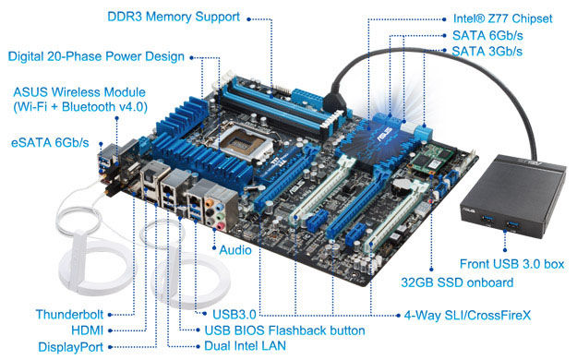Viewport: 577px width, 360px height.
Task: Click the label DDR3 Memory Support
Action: (x=174, y=17)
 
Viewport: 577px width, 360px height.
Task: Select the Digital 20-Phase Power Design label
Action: (x=96, y=56)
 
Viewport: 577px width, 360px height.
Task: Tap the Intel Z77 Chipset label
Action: (x=502, y=18)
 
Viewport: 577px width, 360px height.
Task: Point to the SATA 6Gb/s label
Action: (x=487, y=35)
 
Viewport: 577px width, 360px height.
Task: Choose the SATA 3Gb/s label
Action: (x=487, y=51)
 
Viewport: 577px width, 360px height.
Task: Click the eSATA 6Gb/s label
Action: (x=50, y=142)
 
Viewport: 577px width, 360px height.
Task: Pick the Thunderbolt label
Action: (x=69, y=315)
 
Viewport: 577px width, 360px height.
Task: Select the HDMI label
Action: (x=87, y=330)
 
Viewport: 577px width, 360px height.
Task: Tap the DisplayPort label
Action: (x=71, y=347)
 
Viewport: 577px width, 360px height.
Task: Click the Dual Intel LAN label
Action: (x=245, y=345)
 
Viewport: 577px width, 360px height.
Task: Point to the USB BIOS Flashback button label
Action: (x=284, y=330)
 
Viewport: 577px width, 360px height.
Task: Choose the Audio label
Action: (x=235, y=250)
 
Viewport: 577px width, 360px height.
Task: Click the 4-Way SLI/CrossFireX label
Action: (x=467, y=315)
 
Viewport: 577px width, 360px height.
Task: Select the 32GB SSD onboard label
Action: (x=457, y=282)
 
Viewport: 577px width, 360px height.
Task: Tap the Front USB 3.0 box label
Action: (x=511, y=264)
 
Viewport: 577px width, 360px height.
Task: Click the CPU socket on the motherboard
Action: (x=246, y=142)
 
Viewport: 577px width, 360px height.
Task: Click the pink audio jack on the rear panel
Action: (x=221, y=225)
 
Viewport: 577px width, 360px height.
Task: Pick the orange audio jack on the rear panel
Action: (x=209, y=202)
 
